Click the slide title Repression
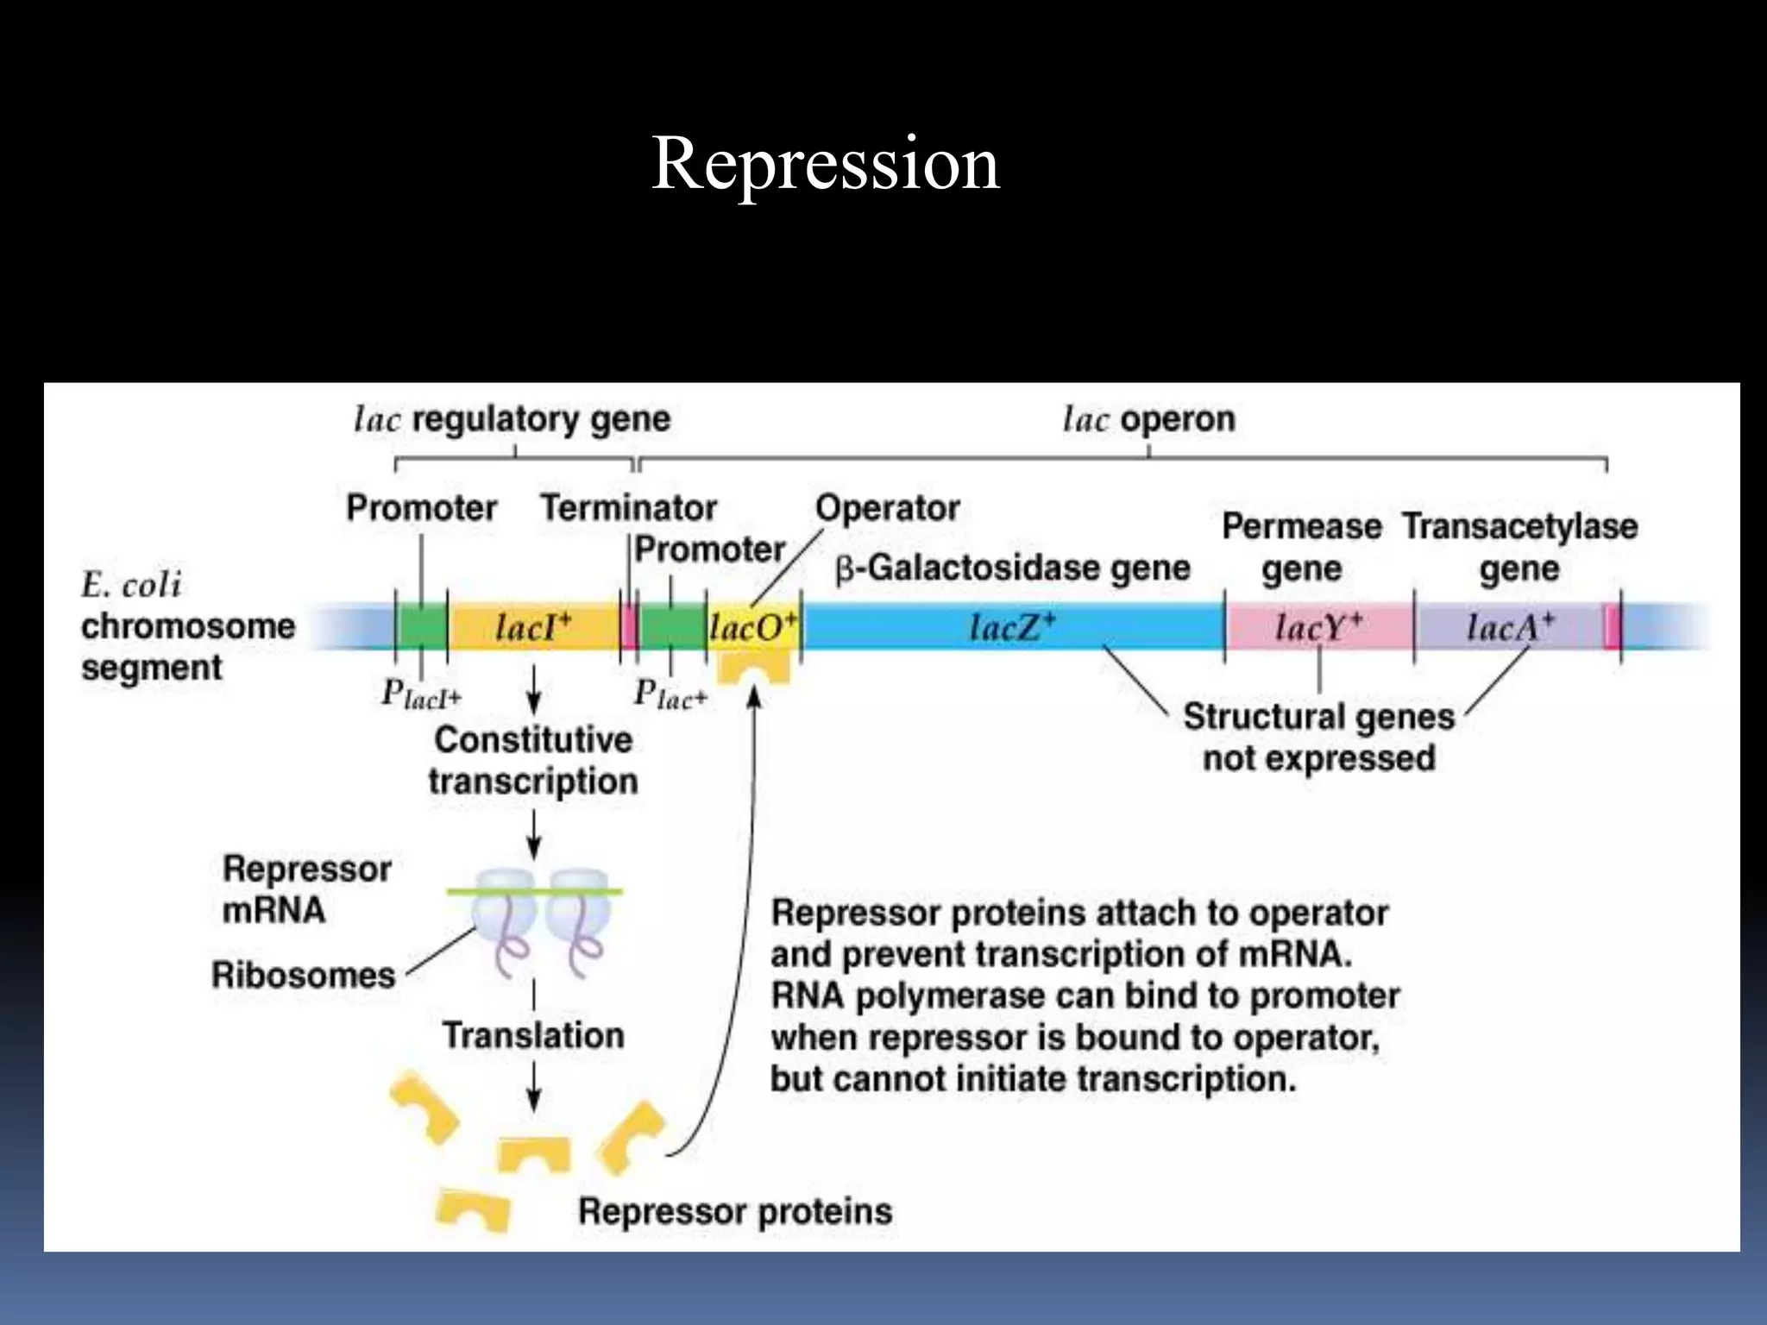pyautogui.click(x=825, y=164)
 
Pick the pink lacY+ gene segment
pyautogui.click(x=1317, y=627)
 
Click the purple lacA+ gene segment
pyautogui.click(x=1508, y=627)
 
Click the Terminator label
pyautogui.click(x=628, y=508)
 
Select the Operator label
pyautogui.click(x=887, y=508)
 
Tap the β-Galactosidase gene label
pyautogui.click(x=1012, y=568)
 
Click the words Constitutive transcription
pyautogui.click(x=533, y=760)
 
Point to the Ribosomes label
pyautogui.click(x=303, y=975)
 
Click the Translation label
pyautogui.click(x=533, y=1035)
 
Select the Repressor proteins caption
pyautogui.click(x=735, y=1211)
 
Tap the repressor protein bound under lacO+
pyautogui.click(x=754, y=667)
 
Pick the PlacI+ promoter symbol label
pyautogui.click(x=421, y=694)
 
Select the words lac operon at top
pyautogui.click(x=1148, y=419)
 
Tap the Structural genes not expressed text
pyautogui.click(x=1318, y=738)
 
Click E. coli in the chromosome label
pyautogui.click(x=131, y=586)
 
